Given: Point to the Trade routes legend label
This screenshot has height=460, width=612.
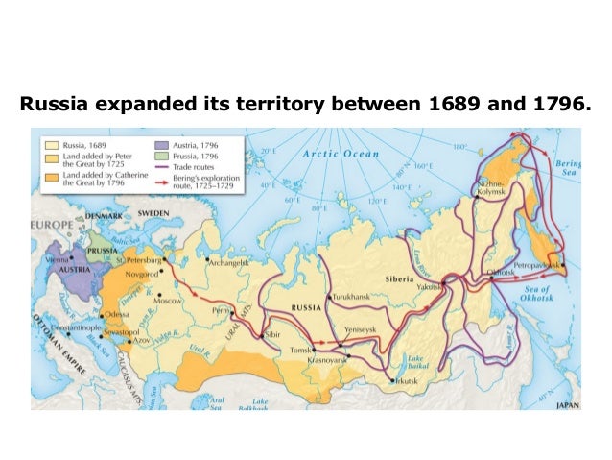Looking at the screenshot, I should click(195, 165).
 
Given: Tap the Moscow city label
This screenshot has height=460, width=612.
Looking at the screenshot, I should click(168, 300).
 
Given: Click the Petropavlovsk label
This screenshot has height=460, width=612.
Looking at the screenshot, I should click(537, 262).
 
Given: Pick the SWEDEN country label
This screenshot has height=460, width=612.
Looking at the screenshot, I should click(152, 211).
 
